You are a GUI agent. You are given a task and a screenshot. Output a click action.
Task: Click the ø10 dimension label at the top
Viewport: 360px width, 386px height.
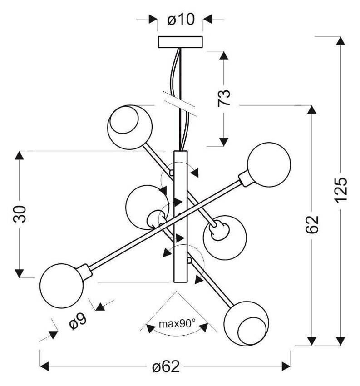tap(181, 20)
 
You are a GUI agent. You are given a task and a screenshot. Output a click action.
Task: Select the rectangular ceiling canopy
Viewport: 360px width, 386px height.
tap(180, 42)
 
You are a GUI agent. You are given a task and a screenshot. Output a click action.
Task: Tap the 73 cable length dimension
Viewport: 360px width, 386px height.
tap(224, 98)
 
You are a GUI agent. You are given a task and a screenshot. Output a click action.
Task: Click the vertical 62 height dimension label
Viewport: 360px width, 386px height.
tap(312, 224)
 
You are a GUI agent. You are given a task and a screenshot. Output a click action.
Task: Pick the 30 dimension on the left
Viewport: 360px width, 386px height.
tap(19, 214)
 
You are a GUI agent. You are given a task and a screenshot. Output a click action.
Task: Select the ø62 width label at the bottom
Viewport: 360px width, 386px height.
tap(166, 367)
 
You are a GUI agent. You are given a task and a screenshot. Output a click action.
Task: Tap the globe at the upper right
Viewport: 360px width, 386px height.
tap(269, 164)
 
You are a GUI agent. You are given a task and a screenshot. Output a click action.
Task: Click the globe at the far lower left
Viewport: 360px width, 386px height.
tap(62, 286)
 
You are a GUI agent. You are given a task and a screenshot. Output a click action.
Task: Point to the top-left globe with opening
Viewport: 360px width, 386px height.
tap(130, 127)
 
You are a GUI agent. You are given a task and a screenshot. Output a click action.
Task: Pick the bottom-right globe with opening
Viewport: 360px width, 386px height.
tap(247, 323)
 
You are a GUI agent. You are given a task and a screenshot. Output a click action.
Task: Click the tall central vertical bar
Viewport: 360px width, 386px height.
tap(180, 216)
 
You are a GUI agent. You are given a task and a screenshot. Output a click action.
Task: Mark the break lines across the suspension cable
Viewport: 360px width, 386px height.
tap(180, 104)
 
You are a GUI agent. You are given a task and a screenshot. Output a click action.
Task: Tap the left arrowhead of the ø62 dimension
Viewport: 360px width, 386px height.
tap(44, 366)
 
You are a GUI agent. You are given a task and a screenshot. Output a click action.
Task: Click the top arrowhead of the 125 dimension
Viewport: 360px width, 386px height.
tap(340, 41)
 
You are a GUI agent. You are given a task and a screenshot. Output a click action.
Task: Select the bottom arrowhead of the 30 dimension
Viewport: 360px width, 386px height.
tap(19, 273)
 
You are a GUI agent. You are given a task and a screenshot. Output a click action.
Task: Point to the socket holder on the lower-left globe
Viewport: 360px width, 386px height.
tap(84, 272)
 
